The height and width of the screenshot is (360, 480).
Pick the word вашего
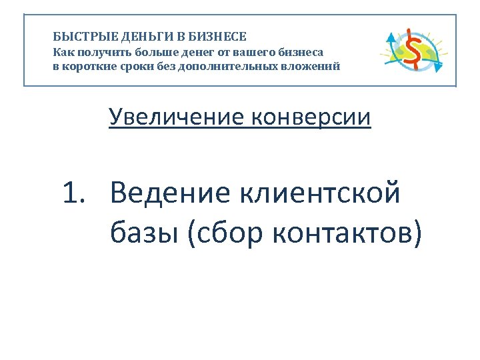251,51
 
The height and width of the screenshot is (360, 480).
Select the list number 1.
75,193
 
